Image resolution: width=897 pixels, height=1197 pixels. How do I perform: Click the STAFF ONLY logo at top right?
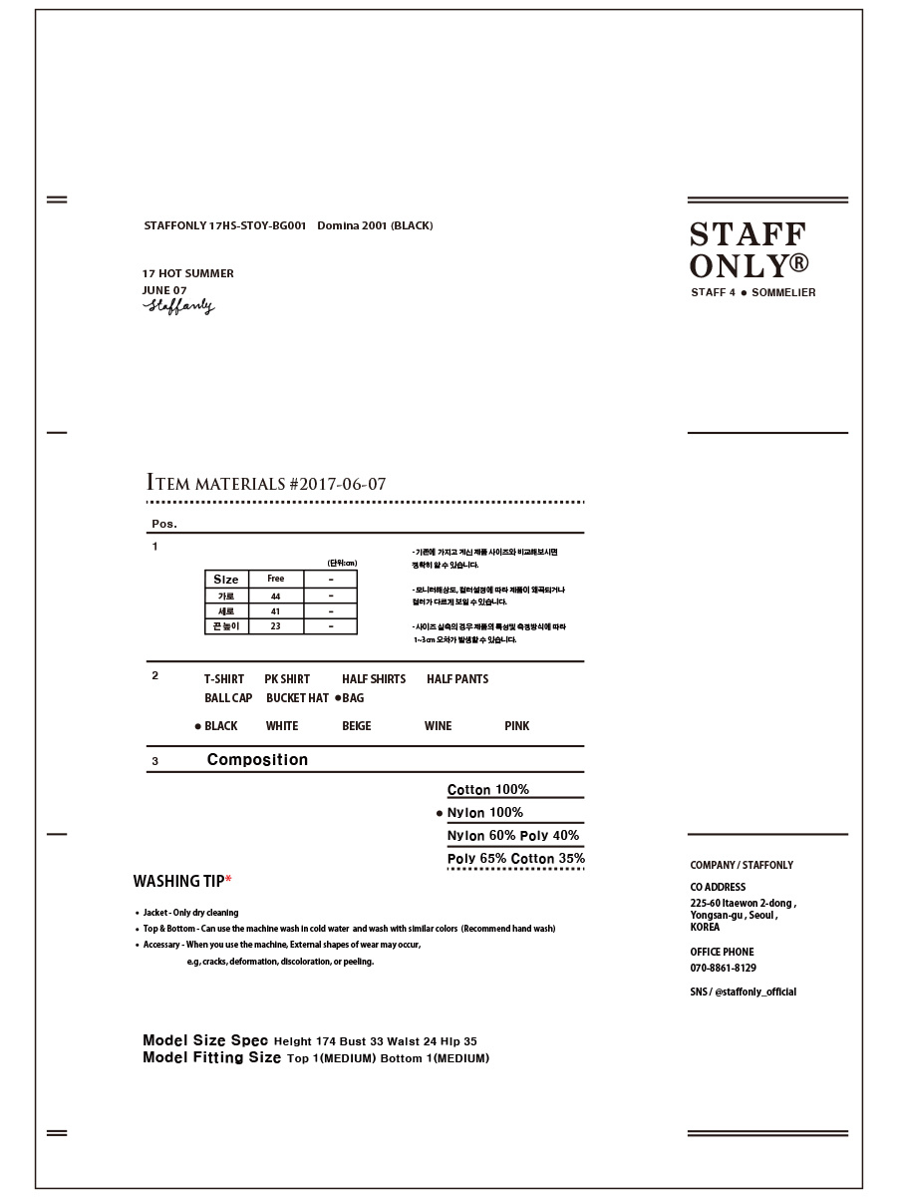coord(748,250)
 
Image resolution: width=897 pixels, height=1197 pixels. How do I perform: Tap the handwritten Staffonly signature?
coord(178,306)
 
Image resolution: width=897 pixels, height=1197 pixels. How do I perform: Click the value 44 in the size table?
coord(276,597)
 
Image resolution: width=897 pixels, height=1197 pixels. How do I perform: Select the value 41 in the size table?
coord(276,611)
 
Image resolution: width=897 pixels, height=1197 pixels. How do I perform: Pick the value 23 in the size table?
coord(276,626)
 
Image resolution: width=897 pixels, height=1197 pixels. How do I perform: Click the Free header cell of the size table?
coord(276,579)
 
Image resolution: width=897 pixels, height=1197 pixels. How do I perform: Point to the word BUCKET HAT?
coord(297,698)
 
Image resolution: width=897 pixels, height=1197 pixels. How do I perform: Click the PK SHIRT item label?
coord(287,679)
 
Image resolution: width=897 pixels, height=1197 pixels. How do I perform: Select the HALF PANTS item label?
coord(457,679)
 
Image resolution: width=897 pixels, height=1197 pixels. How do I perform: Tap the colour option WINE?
coord(438,726)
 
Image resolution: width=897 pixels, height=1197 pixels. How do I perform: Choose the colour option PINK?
coord(517,726)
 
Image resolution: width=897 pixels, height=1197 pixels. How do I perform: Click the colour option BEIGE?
coord(356,726)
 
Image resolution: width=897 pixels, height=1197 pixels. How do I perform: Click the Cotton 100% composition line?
coord(488,790)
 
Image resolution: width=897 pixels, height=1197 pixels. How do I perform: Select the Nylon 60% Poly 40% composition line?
coord(513,836)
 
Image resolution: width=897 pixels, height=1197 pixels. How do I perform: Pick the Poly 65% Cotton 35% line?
coord(516,859)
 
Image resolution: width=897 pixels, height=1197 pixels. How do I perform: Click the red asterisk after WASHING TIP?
coord(228,880)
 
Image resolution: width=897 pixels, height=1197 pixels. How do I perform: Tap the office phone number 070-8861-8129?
coord(723,969)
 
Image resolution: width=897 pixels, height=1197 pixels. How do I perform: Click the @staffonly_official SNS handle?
coord(754,993)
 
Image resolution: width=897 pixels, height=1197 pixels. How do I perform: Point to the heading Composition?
coord(257,760)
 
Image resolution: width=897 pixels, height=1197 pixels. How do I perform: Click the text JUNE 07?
coord(164,290)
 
